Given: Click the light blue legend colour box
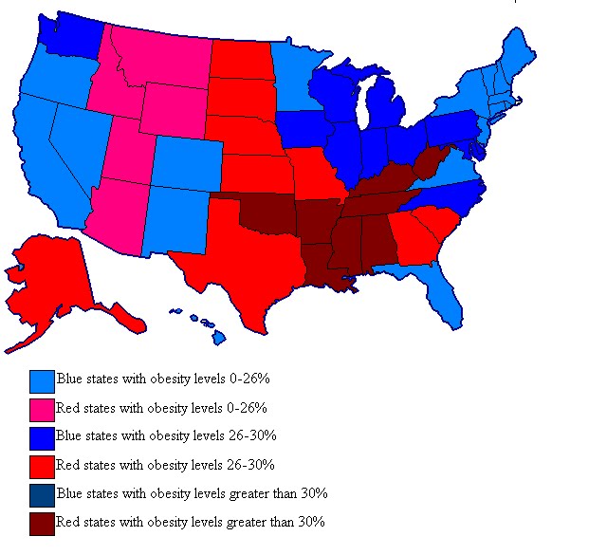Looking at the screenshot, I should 42,380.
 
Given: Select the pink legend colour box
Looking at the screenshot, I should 42,409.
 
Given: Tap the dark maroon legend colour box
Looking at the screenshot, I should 42,523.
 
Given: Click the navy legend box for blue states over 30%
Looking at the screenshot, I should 42,494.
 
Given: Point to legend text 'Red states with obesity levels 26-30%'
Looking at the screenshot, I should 165,465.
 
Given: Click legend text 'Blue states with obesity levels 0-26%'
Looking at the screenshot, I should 164,379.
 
